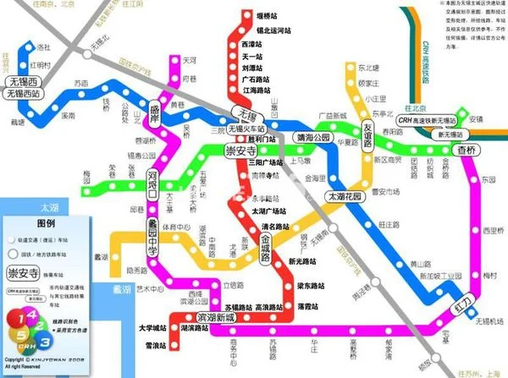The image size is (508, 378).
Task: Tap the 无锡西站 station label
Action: point(24,94)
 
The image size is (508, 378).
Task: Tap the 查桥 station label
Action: point(467,149)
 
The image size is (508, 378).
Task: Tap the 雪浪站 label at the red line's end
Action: point(155,346)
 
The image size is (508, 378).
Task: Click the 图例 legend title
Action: point(46,223)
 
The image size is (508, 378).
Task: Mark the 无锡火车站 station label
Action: point(246,129)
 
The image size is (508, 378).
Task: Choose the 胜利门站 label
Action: point(261,138)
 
